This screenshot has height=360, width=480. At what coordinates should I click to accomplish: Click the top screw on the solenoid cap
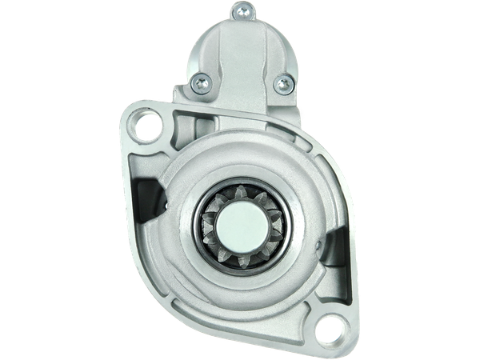pos(238,10)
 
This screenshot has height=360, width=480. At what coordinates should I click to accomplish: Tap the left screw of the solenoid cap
pos(199,80)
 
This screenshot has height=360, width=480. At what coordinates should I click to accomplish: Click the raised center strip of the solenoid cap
pos(238,48)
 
